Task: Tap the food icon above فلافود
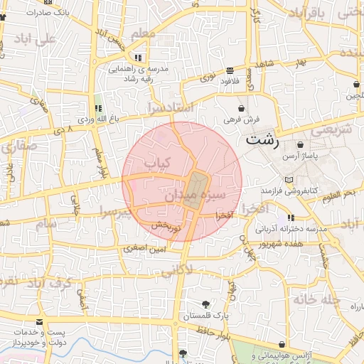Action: (230, 71)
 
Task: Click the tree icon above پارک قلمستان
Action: (206, 304)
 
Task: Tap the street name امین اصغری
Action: (146, 249)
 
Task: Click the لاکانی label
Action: (176, 270)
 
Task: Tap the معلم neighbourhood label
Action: (142, 33)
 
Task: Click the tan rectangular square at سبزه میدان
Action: (193, 190)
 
